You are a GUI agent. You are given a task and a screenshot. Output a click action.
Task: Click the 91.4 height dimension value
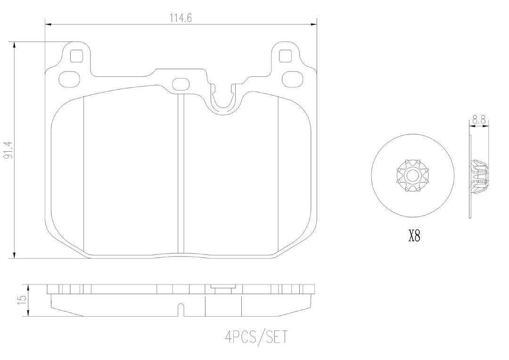8,150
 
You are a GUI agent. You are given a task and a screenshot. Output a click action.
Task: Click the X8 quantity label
414,237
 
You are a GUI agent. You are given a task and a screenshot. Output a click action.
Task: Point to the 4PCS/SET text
256,337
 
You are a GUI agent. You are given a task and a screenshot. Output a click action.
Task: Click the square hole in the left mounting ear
76,56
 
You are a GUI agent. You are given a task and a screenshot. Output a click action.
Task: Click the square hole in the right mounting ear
285,56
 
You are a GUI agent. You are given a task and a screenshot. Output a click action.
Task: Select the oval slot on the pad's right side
293,79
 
